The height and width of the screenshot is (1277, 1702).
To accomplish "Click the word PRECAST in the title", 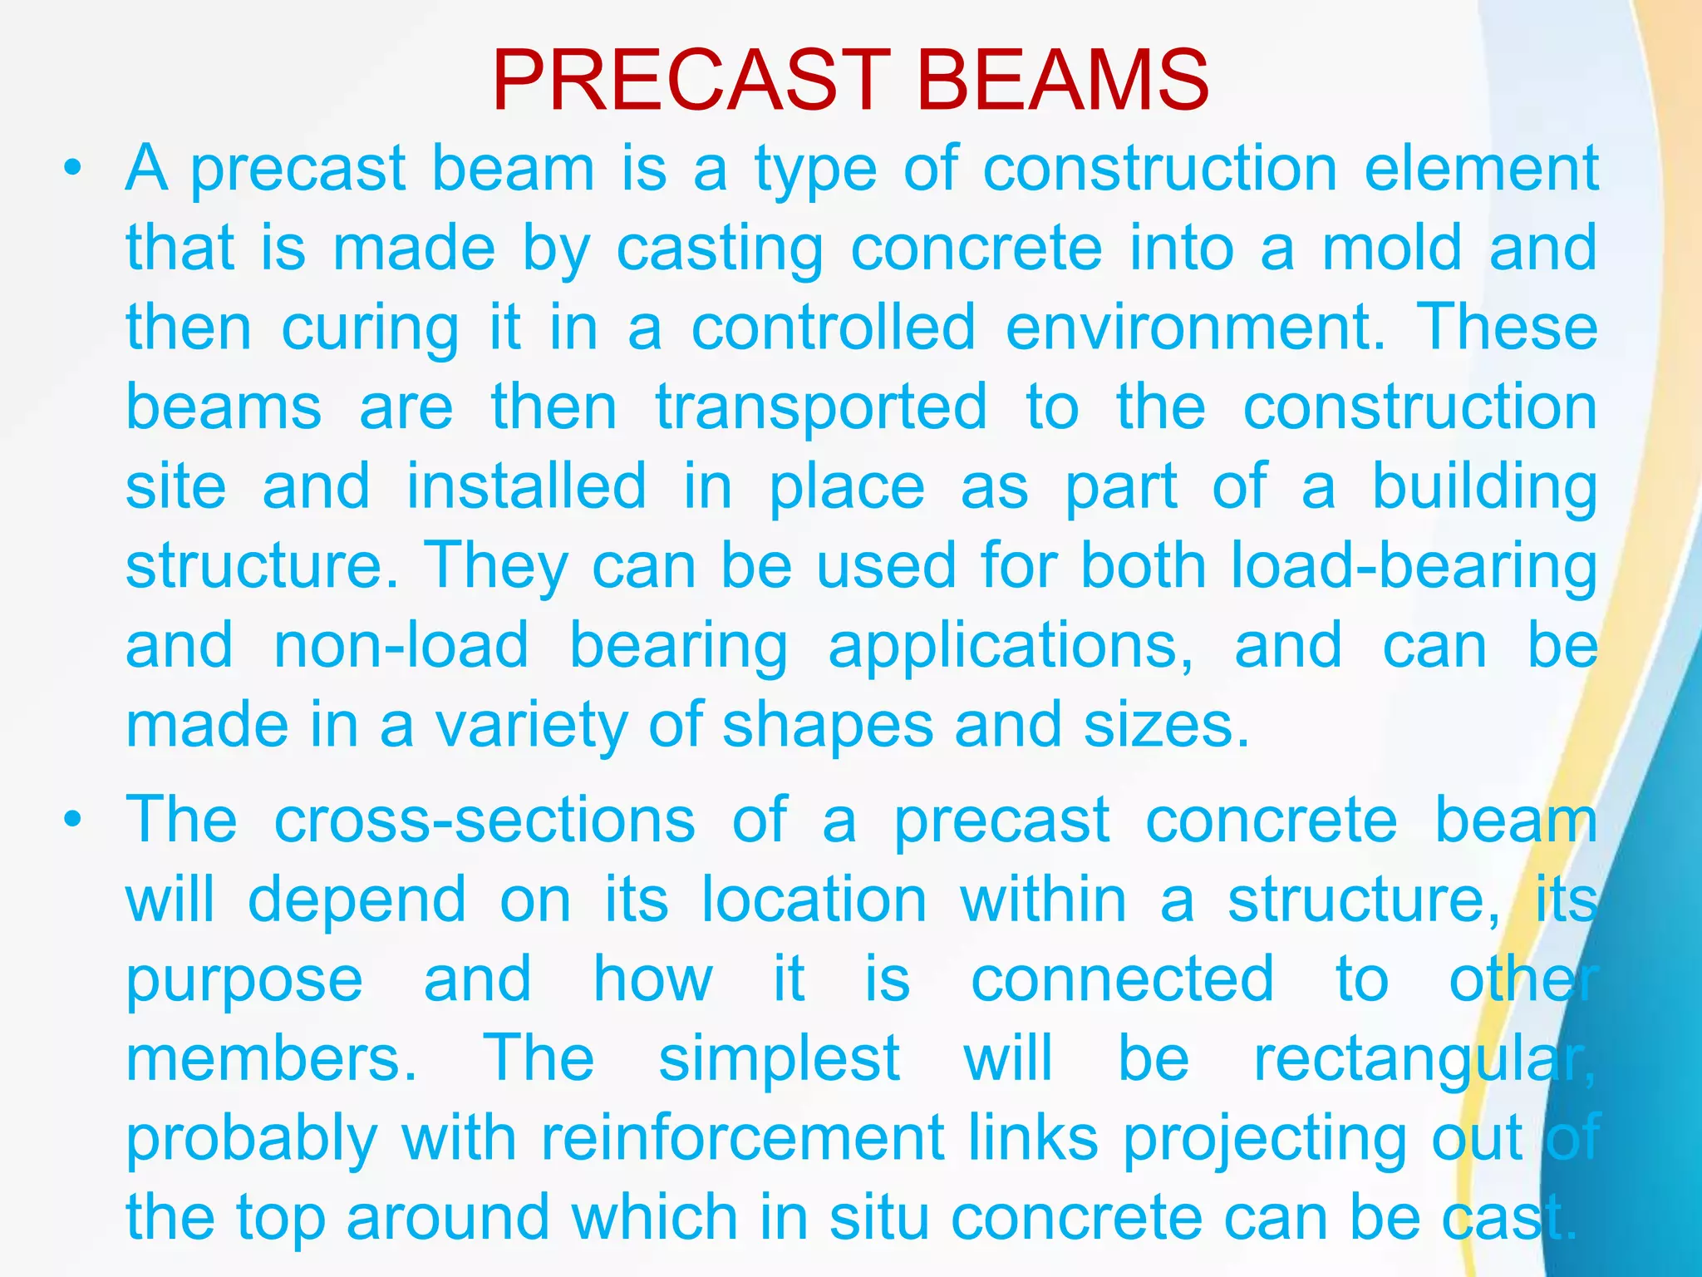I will tap(691, 81).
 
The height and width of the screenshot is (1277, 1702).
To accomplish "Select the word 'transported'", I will tap(821, 408).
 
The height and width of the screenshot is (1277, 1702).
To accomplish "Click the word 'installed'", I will tap(526, 486).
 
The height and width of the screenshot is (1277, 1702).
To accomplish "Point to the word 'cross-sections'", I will tap(485, 821).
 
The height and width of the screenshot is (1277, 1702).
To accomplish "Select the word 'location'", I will tap(814, 900).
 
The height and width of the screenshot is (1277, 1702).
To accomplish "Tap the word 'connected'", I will tap(1123, 979).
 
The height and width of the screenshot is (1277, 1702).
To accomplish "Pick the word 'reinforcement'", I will tap(743, 1138).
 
